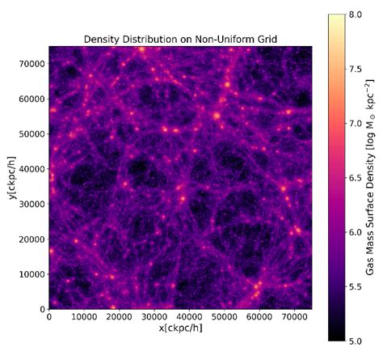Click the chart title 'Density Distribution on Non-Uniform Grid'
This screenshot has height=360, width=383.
point(179,40)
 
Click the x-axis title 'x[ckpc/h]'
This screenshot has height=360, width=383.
point(179,330)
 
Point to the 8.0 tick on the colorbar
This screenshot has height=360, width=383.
point(353,14)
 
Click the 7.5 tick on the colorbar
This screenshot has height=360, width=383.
point(353,69)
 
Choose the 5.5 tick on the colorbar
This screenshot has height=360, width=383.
point(353,286)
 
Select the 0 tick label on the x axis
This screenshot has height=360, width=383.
point(50,318)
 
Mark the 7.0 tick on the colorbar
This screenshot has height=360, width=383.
point(353,123)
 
